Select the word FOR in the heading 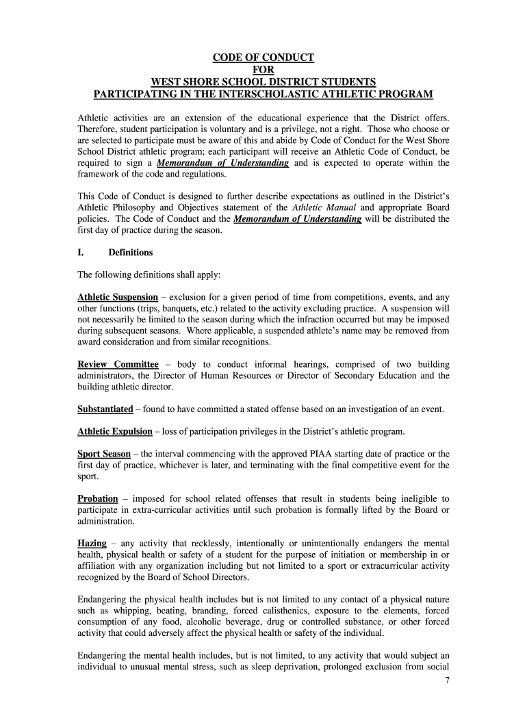(x=263, y=69)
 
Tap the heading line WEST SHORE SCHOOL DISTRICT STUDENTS (x=263, y=81)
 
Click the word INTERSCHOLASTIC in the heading (x=286, y=94)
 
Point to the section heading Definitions (x=131, y=253)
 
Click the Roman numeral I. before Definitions (x=81, y=253)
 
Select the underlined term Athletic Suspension (x=118, y=297)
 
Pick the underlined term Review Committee (x=118, y=364)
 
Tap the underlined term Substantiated (x=105, y=409)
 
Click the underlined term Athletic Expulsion (x=115, y=431)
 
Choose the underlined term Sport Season (x=104, y=454)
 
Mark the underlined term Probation (x=98, y=498)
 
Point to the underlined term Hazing (x=92, y=544)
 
